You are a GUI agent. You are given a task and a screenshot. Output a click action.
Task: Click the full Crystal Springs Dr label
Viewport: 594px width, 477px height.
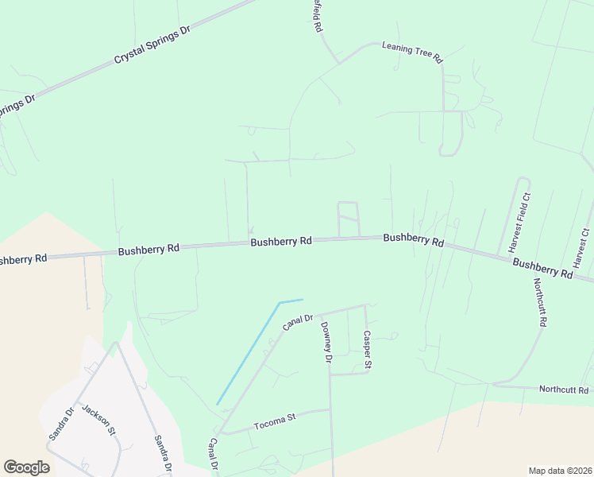pyautogui.click(x=153, y=45)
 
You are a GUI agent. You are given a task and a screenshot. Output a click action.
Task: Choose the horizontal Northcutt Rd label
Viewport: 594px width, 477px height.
pyautogui.click(x=563, y=390)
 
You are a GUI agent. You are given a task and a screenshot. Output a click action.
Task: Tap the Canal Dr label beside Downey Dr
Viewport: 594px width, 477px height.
pyautogui.click(x=299, y=322)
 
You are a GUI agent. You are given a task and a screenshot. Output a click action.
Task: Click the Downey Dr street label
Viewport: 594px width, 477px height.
pyautogui.click(x=326, y=343)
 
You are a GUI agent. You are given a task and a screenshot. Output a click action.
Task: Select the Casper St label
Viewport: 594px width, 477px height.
pyautogui.click(x=368, y=351)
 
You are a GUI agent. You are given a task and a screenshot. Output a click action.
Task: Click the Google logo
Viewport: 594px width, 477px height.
pyautogui.click(x=26, y=467)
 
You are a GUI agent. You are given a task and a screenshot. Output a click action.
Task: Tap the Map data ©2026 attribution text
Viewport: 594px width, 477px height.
pyautogui.click(x=559, y=470)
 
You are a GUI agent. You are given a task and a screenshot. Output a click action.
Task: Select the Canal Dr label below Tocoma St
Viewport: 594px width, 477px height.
pyautogui.click(x=213, y=455)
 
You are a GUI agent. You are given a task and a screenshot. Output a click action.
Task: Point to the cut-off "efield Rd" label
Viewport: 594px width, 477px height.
pyautogui.click(x=316, y=16)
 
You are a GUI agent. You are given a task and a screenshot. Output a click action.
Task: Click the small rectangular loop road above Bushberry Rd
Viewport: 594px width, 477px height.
pyautogui.click(x=348, y=219)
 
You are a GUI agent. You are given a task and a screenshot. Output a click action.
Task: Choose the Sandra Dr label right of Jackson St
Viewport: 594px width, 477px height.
pyautogui.click(x=164, y=454)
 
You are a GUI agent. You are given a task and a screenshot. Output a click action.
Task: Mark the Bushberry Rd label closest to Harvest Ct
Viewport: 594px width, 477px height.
pyautogui.click(x=542, y=267)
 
